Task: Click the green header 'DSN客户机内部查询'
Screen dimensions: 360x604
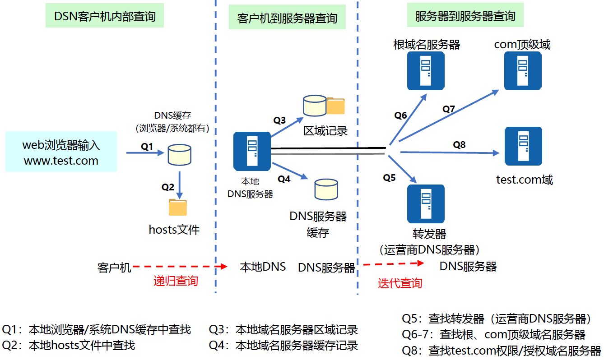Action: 105,17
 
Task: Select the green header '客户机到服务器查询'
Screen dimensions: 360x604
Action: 287,18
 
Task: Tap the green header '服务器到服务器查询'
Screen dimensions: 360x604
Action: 465,16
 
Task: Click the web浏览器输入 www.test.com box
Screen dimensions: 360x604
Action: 61,152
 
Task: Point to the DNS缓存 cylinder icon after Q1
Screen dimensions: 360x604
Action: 179,155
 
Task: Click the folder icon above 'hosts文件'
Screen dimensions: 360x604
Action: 177,207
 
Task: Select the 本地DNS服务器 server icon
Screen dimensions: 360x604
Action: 252,151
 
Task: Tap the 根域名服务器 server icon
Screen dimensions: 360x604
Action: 426,70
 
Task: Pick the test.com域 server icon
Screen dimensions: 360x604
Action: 523,146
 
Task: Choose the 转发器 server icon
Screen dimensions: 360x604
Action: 426,203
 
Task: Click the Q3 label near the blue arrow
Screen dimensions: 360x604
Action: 279,120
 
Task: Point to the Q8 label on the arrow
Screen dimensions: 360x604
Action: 459,145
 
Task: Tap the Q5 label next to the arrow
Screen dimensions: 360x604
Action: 389,177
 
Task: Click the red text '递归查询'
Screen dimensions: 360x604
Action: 176,281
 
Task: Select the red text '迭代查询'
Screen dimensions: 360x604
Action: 400,283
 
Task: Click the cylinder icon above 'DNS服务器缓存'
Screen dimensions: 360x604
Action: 326,189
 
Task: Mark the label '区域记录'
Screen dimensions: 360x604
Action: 325,131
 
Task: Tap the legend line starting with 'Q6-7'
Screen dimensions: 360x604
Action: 493,335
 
